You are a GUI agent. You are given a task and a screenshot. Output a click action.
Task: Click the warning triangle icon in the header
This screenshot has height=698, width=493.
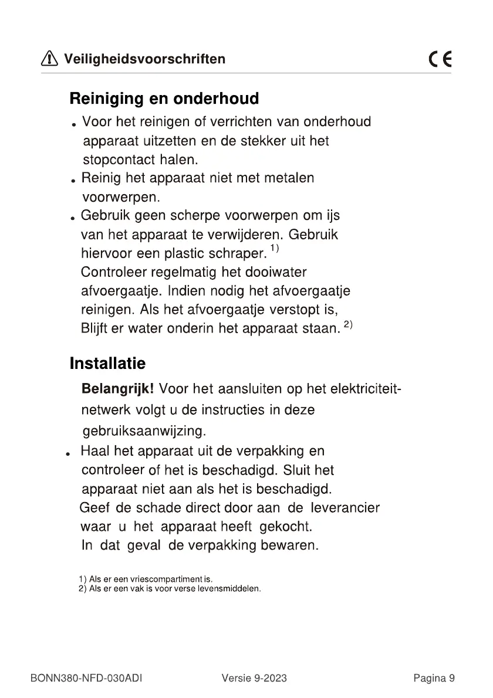click(49, 59)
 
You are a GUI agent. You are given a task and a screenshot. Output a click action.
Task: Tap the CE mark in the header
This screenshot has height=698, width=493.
click(440, 60)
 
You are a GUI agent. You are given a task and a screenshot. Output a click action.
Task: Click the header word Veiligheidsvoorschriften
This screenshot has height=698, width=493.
click(144, 59)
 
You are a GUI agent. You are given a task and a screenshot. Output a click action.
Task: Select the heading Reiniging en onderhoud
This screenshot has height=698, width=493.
click(164, 98)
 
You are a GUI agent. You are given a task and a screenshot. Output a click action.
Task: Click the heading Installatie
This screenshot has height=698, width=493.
click(107, 363)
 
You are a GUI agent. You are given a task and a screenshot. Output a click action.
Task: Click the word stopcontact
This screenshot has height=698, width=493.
click(115, 160)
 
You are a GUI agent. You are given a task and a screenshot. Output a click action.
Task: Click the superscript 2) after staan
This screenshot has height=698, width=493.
click(347, 324)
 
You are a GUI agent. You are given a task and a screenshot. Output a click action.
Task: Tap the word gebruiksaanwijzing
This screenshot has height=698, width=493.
click(144, 432)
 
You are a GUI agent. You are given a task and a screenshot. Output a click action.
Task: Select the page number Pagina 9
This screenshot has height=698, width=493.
click(434, 679)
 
